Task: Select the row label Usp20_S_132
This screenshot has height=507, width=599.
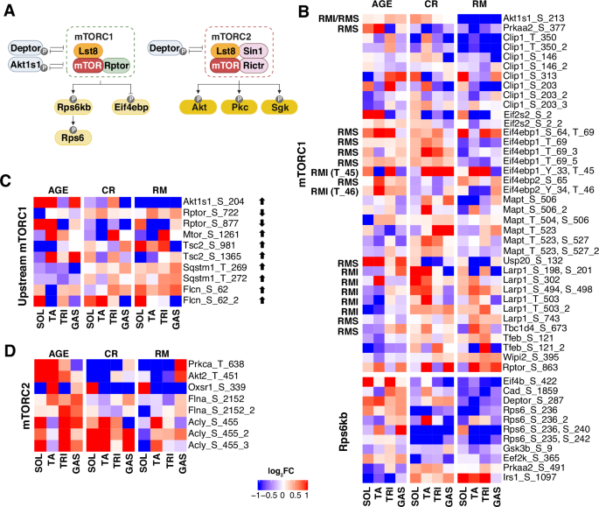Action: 532,260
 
